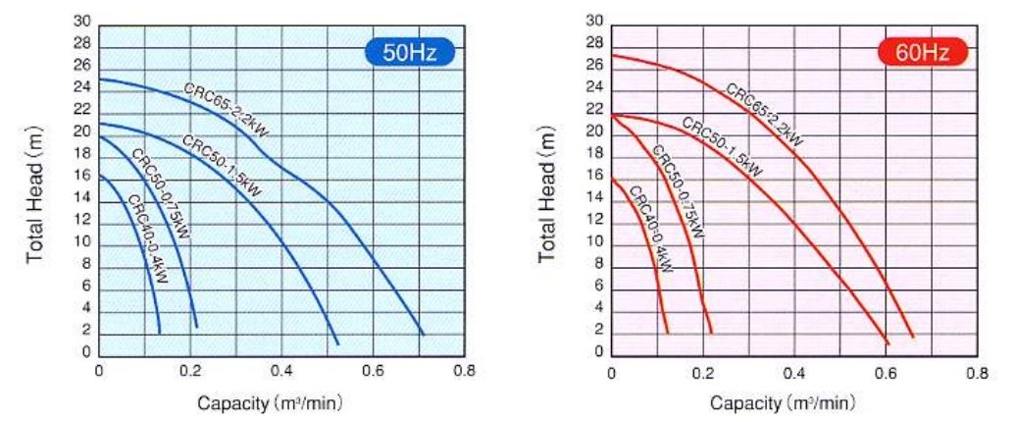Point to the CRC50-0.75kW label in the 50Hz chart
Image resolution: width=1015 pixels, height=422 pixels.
point(161,193)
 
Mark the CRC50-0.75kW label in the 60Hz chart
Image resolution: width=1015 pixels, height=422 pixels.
point(678,191)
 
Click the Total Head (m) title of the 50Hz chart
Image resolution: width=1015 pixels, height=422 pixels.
point(37,196)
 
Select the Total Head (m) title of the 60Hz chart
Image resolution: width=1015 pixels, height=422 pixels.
point(550,196)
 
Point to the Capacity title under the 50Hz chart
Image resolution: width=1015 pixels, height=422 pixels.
point(270,403)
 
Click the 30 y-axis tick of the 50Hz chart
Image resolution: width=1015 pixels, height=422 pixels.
point(82,21)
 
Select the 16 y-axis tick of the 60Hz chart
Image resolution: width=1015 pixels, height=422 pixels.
point(595,176)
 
